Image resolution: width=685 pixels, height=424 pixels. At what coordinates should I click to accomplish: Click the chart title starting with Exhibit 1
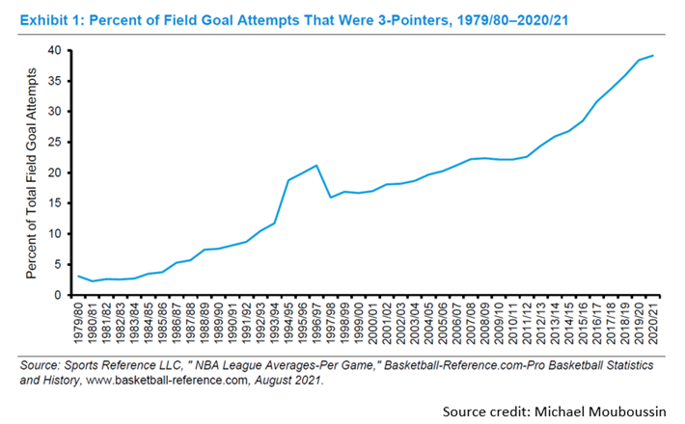pyautogui.click(x=294, y=20)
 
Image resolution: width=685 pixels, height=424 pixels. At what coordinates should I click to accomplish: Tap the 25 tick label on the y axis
pyautogui.click(x=55, y=143)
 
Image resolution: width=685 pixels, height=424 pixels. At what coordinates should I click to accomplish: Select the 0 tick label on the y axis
pyautogui.click(x=58, y=295)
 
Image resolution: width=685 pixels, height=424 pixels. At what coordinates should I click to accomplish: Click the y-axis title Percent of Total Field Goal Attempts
pyautogui.click(x=31, y=173)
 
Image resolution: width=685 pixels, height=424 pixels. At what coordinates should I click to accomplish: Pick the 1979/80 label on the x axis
pyautogui.click(x=79, y=324)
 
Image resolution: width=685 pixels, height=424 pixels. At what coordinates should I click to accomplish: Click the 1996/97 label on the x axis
pyautogui.click(x=316, y=324)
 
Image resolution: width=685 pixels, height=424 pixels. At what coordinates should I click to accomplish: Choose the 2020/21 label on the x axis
pyautogui.click(x=653, y=324)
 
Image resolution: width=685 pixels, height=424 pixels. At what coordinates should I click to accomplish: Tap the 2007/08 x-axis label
pyautogui.click(x=471, y=324)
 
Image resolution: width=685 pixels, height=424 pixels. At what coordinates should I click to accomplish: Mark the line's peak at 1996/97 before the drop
pyautogui.click(x=316, y=166)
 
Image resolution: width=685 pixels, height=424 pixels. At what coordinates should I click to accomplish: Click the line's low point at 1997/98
pyautogui.click(x=331, y=198)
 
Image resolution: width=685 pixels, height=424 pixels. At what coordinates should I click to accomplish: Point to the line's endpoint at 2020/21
pyautogui.click(x=653, y=55)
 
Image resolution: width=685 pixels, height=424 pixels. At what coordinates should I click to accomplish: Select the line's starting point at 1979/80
pyautogui.click(x=78, y=276)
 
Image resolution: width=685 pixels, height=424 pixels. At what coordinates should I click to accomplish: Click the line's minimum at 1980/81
pyautogui.click(x=93, y=281)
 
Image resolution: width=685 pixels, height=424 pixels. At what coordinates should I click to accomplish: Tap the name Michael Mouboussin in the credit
pyautogui.click(x=600, y=411)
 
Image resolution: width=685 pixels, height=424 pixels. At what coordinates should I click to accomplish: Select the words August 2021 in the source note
pyautogui.click(x=288, y=381)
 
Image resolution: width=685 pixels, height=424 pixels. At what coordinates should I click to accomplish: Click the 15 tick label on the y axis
pyautogui.click(x=55, y=203)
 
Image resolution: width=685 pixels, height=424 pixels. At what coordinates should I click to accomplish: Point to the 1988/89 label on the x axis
pyautogui.click(x=205, y=324)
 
